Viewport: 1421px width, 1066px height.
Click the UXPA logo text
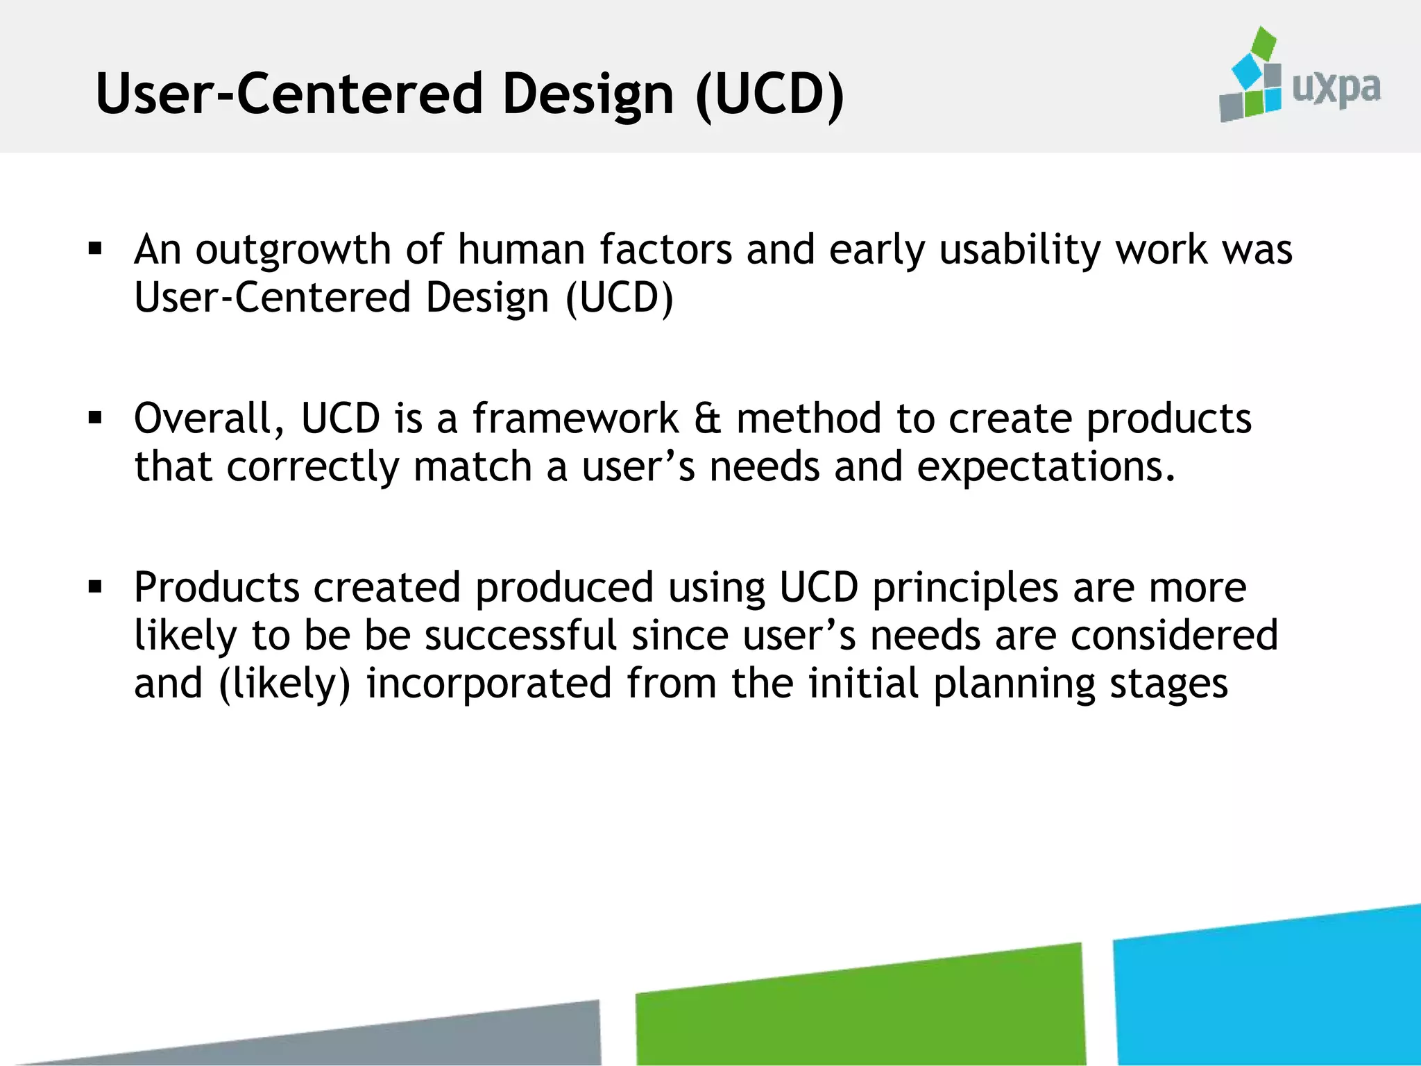[x=1336, y=89]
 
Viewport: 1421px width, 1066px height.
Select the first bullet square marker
[x=96, y=248]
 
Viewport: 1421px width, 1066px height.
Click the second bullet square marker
[x=96, y=418]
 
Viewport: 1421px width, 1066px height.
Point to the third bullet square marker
[x=96, y=587]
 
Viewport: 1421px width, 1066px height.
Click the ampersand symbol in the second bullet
[x=707, y=419]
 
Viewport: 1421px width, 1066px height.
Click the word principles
[x=965, y=589]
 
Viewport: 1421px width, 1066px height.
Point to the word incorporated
[x=488, y=684]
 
